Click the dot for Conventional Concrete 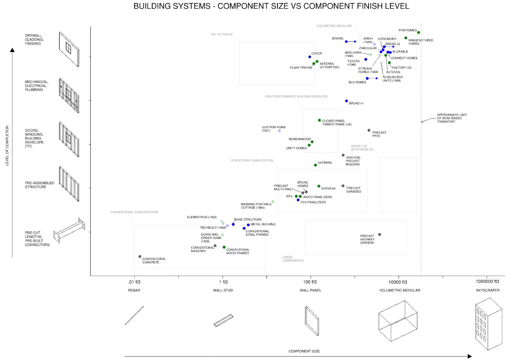[140, 257]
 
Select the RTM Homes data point [419, 32]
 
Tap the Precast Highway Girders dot [380, 235]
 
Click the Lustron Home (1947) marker [279, 131]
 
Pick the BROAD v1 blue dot [346, 101]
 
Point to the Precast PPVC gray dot [369, 130]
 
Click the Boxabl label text [338, 39]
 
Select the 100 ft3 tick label [310, 282]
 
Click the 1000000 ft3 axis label [487, 282]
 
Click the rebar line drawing [134, 315]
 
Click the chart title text [271, 6]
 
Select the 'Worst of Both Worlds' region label [362, 148]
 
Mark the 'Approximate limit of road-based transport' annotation [452, 118]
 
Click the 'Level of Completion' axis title [7, 145]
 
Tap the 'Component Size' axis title [304, 351]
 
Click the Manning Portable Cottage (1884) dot [273, 202]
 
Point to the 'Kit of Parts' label [222, 34]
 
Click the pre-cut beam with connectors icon [69, 230]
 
